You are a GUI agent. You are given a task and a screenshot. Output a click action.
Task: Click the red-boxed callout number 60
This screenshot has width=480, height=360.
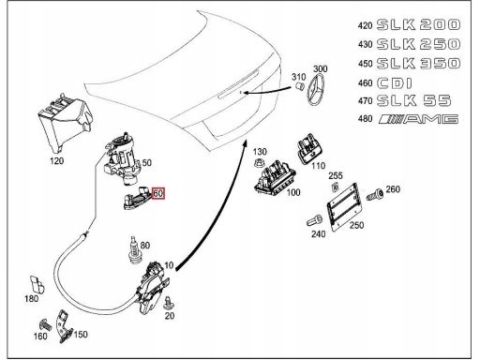[x=157, y=193]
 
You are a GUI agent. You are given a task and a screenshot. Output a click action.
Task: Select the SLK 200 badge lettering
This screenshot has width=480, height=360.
[x=418, y=24]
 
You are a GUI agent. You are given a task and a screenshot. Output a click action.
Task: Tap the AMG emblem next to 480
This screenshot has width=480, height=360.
[x=418, y=119]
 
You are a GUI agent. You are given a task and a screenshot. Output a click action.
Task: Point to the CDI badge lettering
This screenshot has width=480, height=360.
[x=395, y=83]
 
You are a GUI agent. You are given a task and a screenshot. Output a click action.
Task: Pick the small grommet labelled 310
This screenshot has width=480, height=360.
[x=299, y=86]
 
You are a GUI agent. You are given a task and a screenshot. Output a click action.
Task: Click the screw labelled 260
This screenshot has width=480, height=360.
[x=375, y=194]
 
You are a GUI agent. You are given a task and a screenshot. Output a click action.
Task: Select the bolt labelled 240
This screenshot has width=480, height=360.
[x=314, y=220]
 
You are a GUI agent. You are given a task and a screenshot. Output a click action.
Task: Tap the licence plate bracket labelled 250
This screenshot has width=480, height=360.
[x=342, y=206]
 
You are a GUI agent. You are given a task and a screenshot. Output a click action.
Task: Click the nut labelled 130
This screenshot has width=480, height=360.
[x=259, y=162]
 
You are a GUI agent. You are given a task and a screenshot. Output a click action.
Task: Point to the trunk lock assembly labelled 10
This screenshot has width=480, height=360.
[x=152, y=288]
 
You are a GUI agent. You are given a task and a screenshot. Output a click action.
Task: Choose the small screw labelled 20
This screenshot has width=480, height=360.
[x=169, y=302]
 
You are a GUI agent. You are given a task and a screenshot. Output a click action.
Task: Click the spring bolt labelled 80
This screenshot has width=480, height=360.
[x=134, y=250]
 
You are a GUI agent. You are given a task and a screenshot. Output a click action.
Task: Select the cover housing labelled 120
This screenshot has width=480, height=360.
[x=65, y=123]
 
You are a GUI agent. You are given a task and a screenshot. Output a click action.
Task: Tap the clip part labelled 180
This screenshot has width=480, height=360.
[x=37, y=284]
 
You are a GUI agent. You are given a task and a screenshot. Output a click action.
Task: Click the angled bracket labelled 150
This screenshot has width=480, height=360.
[x=64, y=326]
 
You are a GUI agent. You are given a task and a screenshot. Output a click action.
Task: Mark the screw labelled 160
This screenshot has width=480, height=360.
[x=46, y=325]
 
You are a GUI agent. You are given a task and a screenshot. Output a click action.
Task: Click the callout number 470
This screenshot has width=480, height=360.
[x=365, y=101]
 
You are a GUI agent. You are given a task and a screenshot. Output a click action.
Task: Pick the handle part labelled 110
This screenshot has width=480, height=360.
[x=310, y=148]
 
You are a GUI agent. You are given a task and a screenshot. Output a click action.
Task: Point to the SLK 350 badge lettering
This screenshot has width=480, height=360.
[x=418, y=64]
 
